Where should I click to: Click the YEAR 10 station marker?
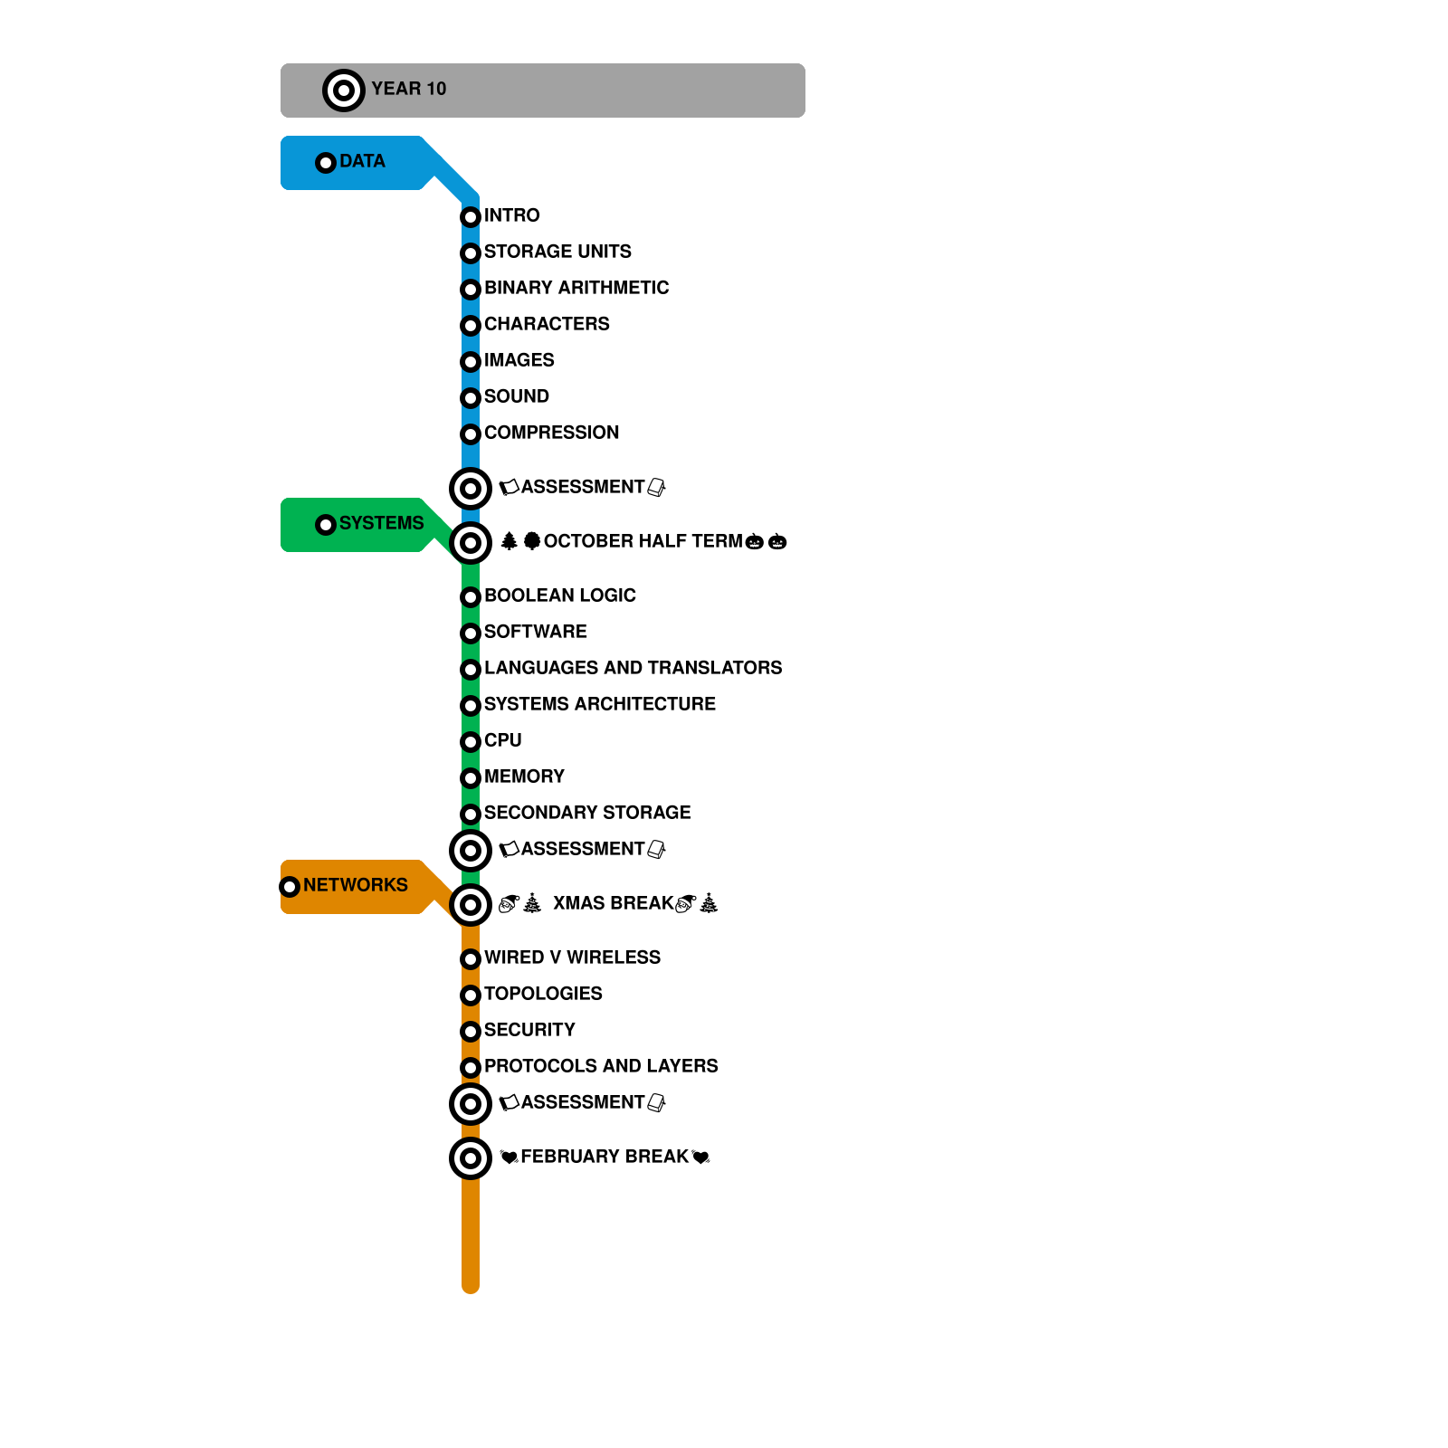click(344, 90)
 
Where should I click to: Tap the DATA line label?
click(362, 161)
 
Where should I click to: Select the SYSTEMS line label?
click(381, 523)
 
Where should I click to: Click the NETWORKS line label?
click(355, 885)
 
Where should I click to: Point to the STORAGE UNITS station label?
click(557, 252)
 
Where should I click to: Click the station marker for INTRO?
click(471, 217)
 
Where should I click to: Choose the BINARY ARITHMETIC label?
click(576, 288)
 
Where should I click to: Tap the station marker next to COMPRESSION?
click(471, 434)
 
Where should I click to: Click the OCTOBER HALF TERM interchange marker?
click(471, 543)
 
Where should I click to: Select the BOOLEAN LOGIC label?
click(560, 595)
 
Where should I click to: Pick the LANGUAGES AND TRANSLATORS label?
click(633, 668)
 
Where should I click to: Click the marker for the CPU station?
click(471, 742)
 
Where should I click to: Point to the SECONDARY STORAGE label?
click(587, 813)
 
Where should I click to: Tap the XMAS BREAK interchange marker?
click(471, 905)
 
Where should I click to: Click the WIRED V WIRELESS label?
click(572, 957)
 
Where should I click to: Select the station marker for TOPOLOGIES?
click(471, 995)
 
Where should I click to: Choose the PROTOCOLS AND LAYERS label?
click(601, 1066)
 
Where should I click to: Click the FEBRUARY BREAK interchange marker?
click(471, 1158)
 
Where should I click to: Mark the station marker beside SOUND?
click(471, 398)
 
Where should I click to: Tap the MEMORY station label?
click(524, 776)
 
